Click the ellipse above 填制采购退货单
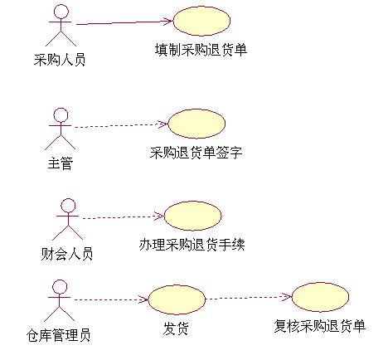pos(201,22)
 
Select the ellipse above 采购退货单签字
pos(196,124)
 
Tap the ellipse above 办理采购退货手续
pos(193,216)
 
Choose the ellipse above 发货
pos(177,300)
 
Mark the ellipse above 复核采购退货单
pos(320,297)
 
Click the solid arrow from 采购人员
pos(124,22)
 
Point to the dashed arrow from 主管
pos(122,125)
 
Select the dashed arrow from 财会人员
pos(124,216)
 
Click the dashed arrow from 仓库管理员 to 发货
pos(111,299)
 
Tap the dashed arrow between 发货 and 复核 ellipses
pos(249,298)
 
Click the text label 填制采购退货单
pos(201,50)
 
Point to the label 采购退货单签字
pos(196,153)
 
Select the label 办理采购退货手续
pos(192,245)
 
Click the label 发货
pos(176,328)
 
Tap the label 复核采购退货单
pos(320,326)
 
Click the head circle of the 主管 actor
pos(61,115)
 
